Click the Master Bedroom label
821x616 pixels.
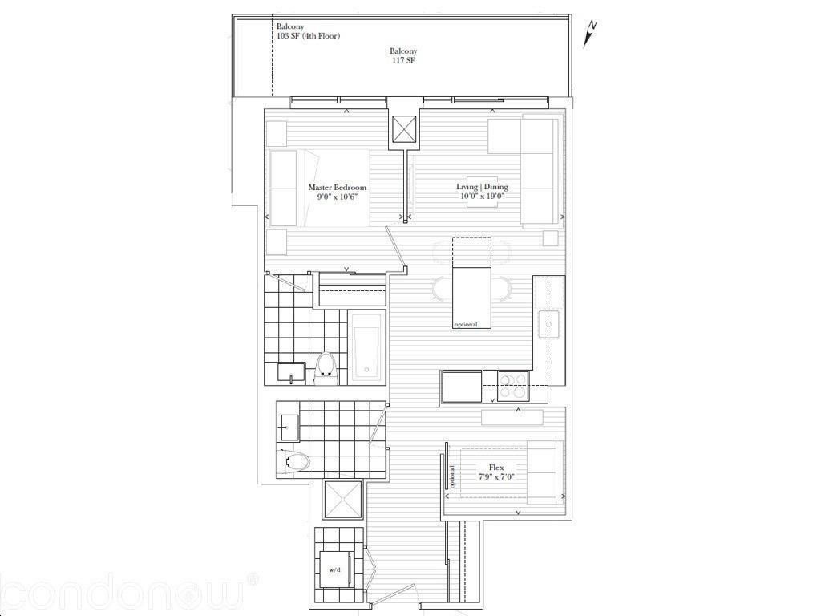coord(338,188)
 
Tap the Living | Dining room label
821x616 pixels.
coord(482,187)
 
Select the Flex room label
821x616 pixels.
coord(496,468)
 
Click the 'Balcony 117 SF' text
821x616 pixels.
coord(403,56)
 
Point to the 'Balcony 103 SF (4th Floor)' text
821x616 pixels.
coord(309,31)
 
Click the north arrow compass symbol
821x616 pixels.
coord(591,34)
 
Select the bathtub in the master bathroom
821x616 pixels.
coord(366,346)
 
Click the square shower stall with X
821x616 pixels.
coord(343,500)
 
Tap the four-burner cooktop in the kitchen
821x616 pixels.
coord(514,386)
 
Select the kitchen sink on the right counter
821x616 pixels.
coord(549,324)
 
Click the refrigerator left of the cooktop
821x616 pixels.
coord(461,387)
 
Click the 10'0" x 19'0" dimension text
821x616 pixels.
coord(482,197)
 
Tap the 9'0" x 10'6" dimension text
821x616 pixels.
coord(338,197)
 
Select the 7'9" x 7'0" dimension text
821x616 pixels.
coord(496,476)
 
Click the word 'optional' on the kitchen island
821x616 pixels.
coord(466,324)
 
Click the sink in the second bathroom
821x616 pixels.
coord(288,428)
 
